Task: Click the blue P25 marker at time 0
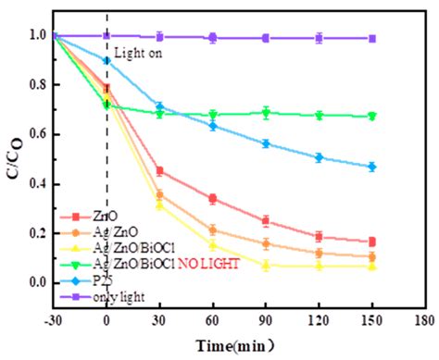(x=107, y=60)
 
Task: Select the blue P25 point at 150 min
(x=372, y=167)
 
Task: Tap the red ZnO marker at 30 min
(x=160, y=170)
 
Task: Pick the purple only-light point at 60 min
(x=213, y=38)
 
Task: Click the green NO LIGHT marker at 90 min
(x=266, y=113)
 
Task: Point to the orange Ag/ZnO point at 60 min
(x=213, y=230)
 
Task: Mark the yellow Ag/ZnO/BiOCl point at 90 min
(x=266, y=266)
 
